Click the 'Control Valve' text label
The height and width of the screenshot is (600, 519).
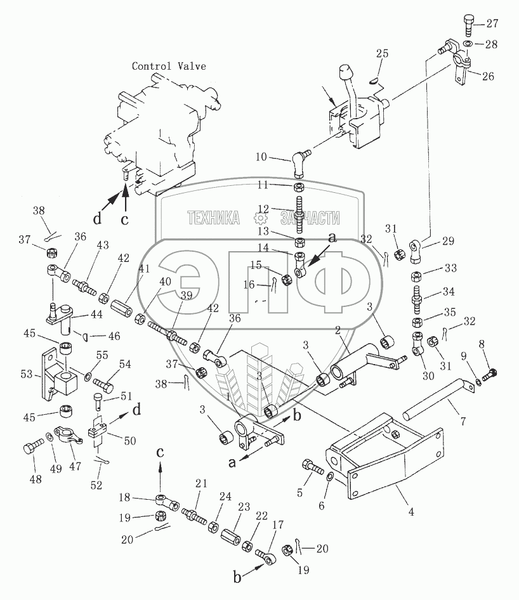click(169, 66)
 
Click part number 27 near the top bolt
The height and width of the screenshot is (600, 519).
click(492, 24)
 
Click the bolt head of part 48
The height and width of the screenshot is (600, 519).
click(30, 450)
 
